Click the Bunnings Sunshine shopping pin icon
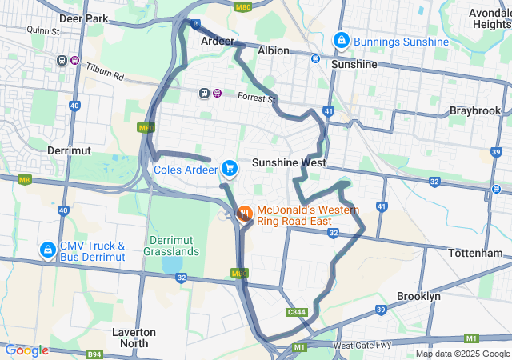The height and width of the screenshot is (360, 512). click(x=341, y=39)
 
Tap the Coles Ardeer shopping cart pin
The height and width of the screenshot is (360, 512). click(x=230, y=168)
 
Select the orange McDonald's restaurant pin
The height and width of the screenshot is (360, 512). click(x=245, y=213)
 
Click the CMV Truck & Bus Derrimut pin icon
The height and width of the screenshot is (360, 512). click(x=47, y=250)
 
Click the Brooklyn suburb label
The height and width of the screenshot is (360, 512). click(x=418, y=296)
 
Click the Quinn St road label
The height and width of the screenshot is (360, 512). click(x=43, y=30)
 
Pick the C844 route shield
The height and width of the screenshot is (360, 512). click(x=297, y=312)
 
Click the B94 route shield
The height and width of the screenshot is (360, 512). click(x=94, y=353)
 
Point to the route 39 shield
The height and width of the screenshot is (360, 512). click(x=381, y=309)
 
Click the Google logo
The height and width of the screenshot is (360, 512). click(x=26, y=350)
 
